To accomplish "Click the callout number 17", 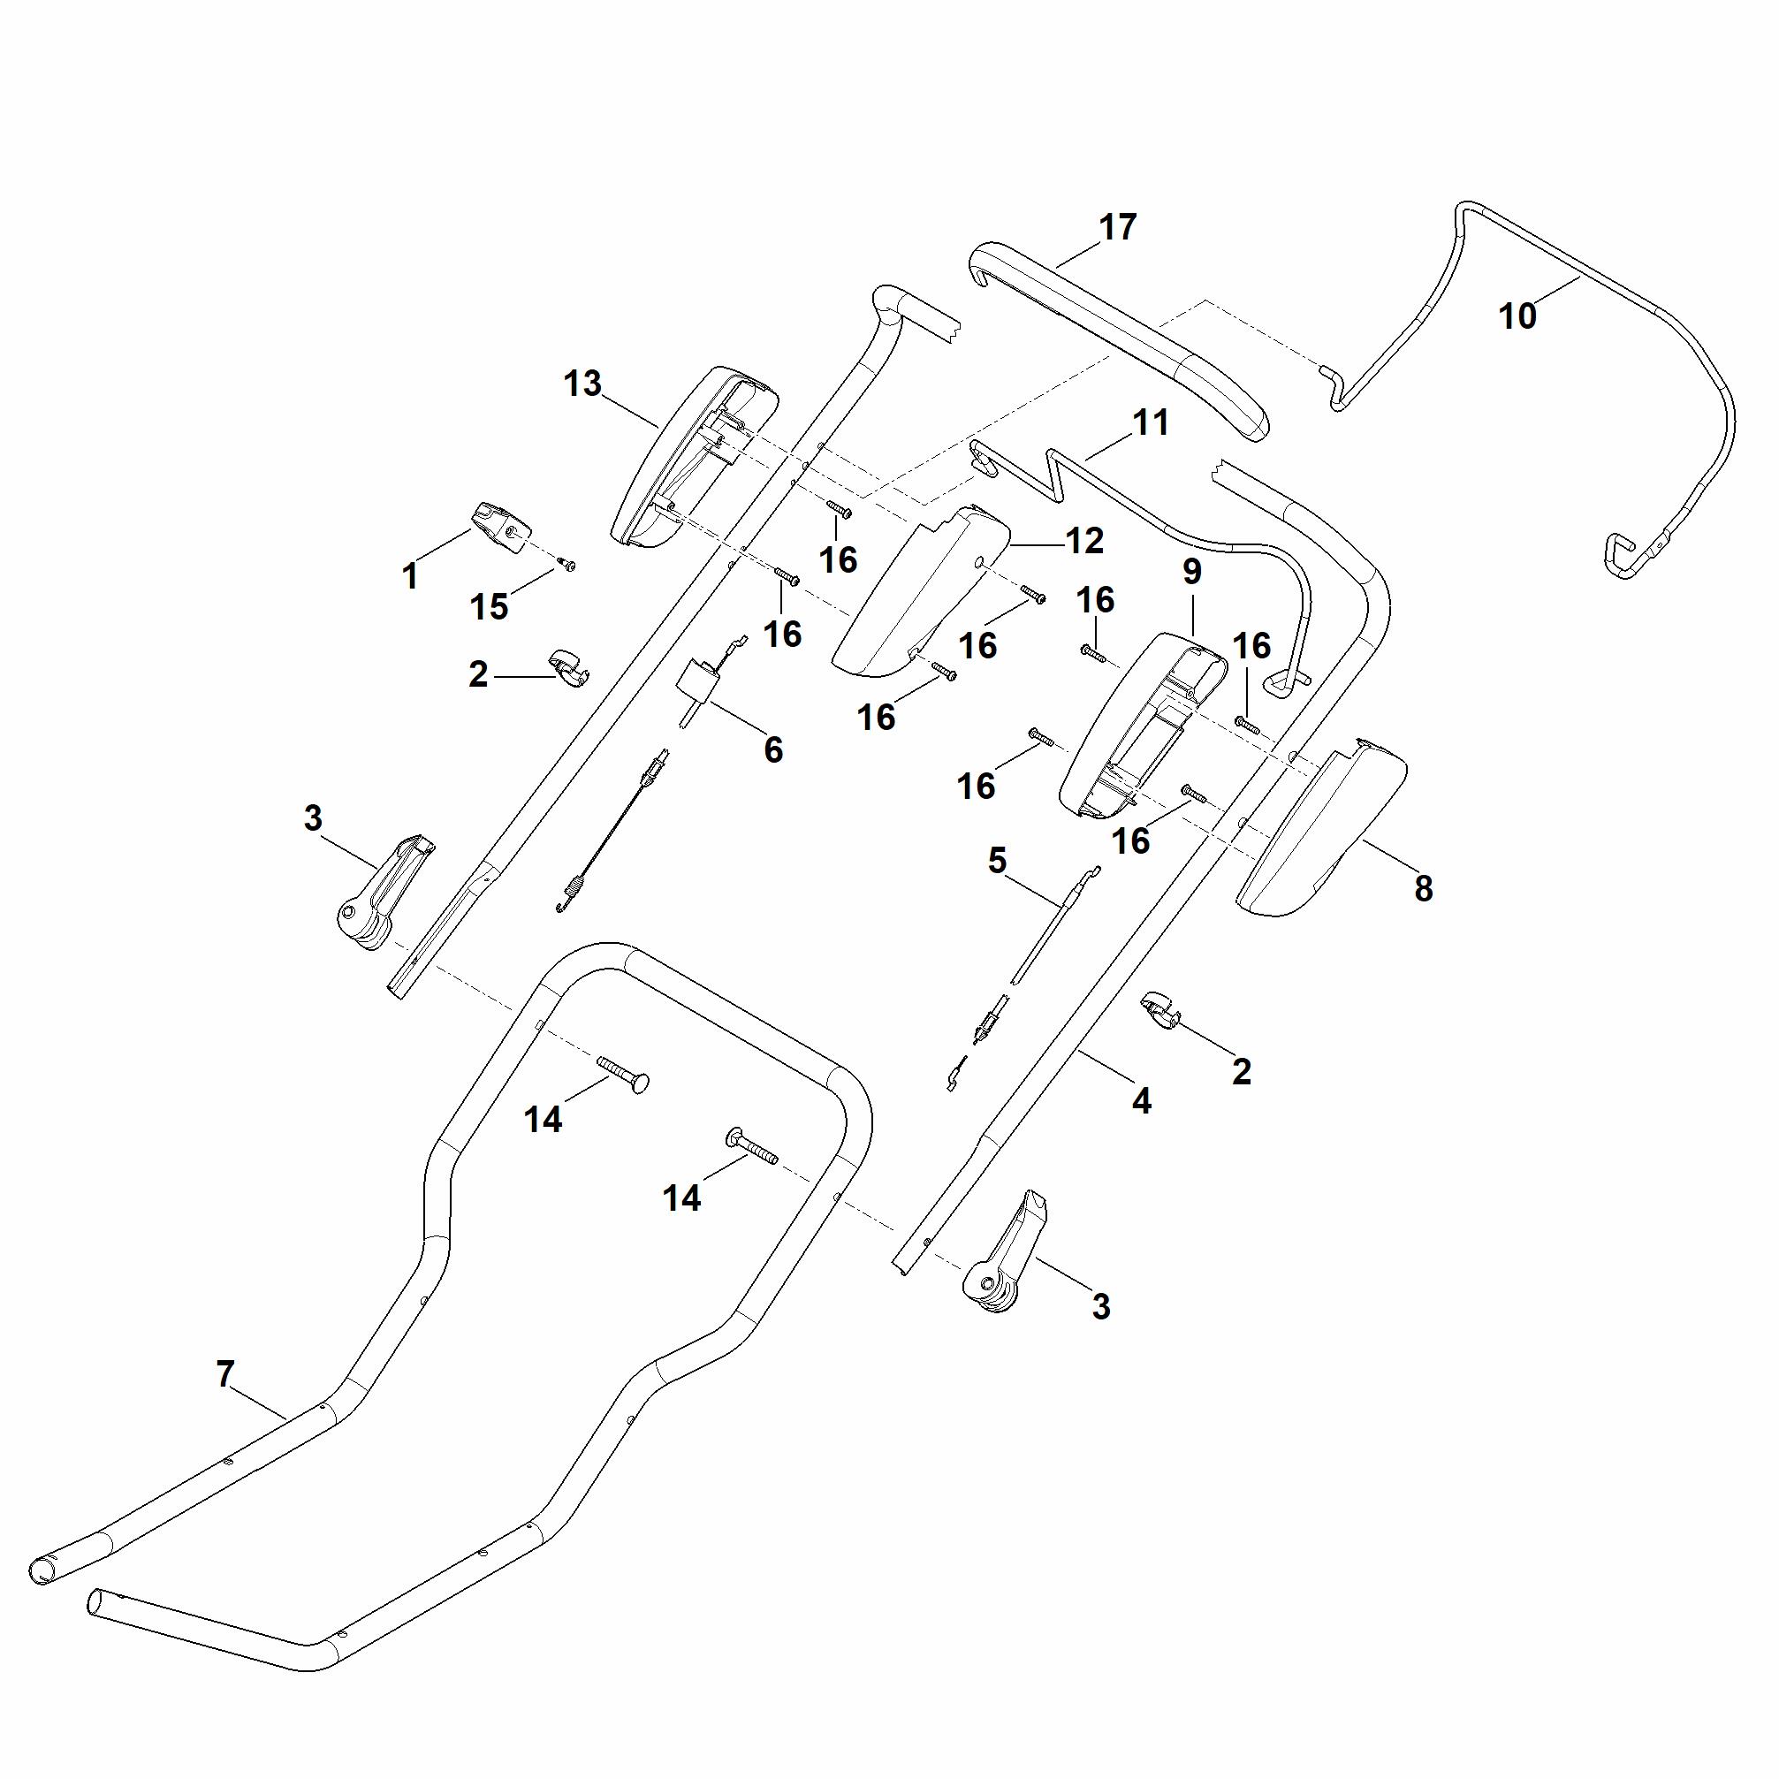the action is [1118, 226].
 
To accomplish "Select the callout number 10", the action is [1517, 316].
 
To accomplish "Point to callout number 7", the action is [225, 1374].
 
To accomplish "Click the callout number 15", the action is [489, 607].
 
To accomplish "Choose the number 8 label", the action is [1424, 888].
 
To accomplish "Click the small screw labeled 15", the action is [568, 565].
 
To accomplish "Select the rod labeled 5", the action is [1050, 925].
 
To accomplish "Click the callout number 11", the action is [1150, 422].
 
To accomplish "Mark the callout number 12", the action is [1084, 541].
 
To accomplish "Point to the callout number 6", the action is [773, 750].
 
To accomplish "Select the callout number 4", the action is [1142, 1100].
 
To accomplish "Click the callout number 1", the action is [411, 577].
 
